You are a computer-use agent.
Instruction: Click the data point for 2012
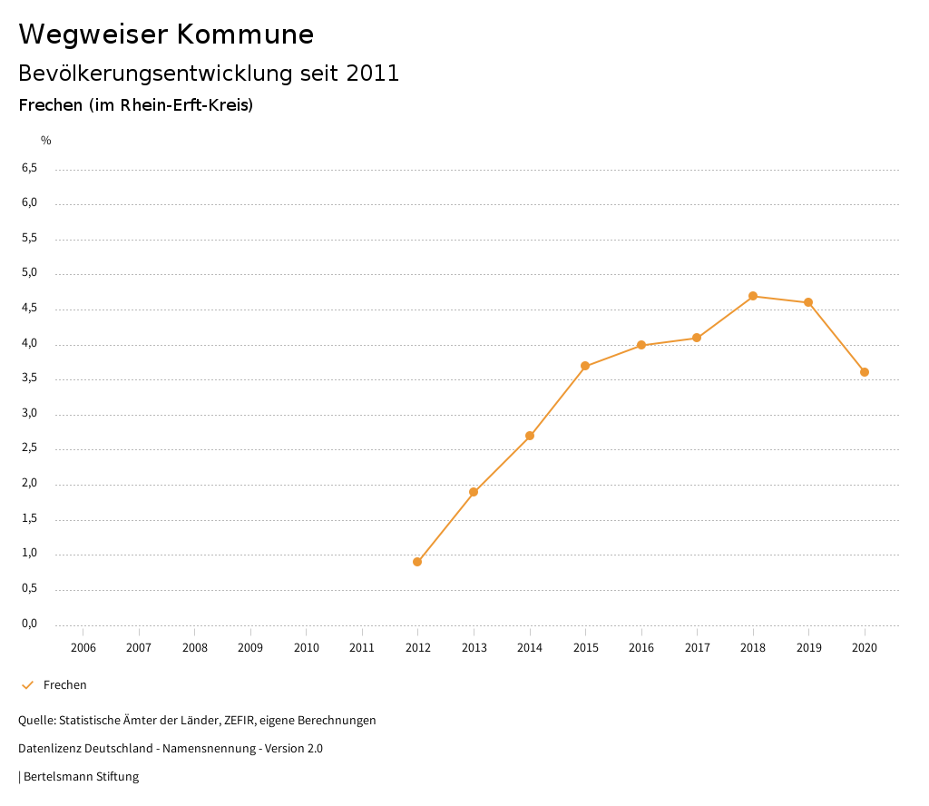click(417, 562)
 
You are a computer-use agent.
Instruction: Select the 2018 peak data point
click(753, 296)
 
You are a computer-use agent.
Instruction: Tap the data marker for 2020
click(865, 372)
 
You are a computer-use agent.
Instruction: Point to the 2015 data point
click(585, 366)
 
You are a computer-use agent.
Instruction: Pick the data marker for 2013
click(474, 492)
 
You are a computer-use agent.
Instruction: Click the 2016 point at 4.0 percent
click(641, 345)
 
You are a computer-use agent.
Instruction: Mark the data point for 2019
click(808, 302)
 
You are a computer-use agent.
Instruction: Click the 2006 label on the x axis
click(83, 648)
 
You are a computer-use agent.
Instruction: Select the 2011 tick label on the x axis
click(362, 648)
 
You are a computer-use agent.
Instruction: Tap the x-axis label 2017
click(697, 648)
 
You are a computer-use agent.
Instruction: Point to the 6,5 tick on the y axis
click(29, 168)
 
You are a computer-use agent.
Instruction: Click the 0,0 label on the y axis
click(29, 624)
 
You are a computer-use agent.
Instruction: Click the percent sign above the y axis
click(46, 141)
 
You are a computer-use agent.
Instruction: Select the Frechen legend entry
click(64, 685)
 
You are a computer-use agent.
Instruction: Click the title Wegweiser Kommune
click(166, 34)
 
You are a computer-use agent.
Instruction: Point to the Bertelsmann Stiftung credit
click(81, 777)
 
